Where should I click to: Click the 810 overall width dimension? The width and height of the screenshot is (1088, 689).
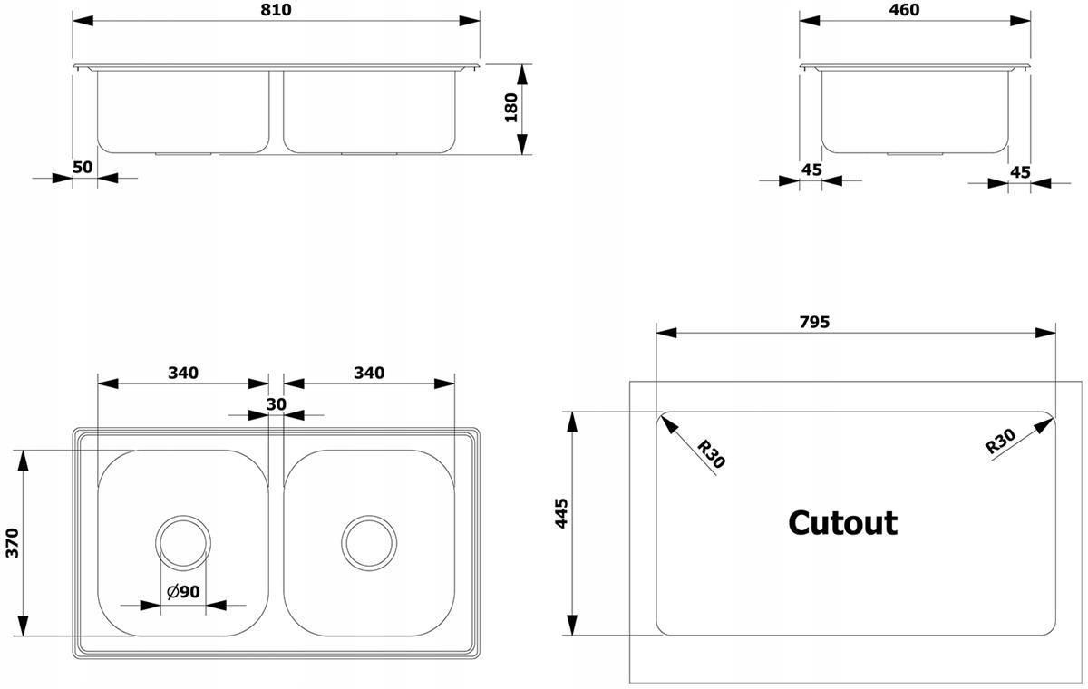pos(276,10)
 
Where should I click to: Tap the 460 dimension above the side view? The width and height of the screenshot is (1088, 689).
pos(905,10)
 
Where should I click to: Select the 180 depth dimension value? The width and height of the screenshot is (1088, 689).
pos(511,108)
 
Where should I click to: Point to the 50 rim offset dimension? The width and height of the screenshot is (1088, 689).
pos(83,167)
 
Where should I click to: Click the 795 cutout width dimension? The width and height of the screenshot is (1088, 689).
pos(814,322)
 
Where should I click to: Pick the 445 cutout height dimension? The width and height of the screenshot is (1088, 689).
pos(561,513)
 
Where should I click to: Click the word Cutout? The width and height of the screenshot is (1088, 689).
pos(842,523)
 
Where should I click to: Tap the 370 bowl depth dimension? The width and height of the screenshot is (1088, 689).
pos(12,543)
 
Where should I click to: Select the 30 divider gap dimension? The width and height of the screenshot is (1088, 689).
pos(277,404)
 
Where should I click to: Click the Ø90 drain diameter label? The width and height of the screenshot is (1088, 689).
pos(183,591)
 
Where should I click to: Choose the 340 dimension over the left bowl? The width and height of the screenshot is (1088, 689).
pos(183,373)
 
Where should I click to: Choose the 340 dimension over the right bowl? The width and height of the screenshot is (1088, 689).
pos(369,373)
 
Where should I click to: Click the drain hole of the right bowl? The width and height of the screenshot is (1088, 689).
pos(369,516)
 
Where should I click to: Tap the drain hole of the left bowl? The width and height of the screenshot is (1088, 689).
pos(183,516)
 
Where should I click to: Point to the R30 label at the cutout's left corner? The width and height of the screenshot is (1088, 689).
pos(711,454)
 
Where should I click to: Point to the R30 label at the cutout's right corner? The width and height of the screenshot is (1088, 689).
pos(1000,441)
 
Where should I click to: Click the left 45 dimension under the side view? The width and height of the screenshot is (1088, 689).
pos(811,170)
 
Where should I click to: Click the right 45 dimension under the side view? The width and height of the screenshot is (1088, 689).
pos(1020,172)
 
